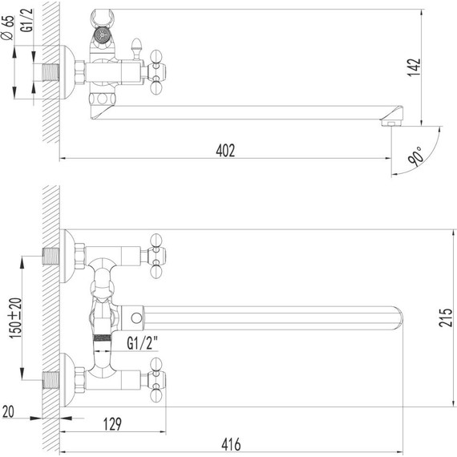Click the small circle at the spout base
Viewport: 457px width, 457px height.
click(x=136, y=318)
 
